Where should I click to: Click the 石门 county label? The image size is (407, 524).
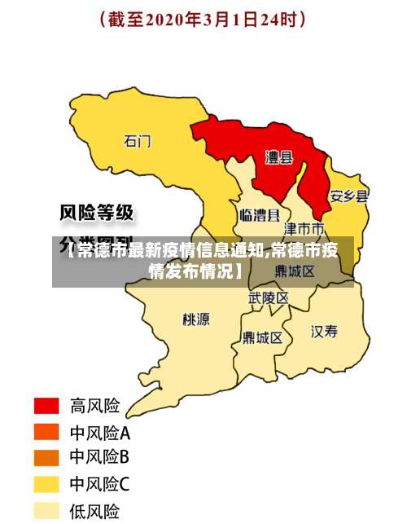tap(137, 141)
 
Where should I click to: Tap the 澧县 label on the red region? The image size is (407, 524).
tap(278, 157)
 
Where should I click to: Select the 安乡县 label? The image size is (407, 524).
tap(348, 196)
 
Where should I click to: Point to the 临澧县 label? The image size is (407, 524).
tap(260, 215)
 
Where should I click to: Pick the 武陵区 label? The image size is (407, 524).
tap(268, 298)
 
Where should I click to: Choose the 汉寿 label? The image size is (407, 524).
tap(324, 330)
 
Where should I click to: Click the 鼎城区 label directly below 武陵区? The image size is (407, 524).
tap(262, 337)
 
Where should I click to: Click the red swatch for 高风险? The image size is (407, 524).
tap(46, 405)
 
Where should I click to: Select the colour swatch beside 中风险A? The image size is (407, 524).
tap(46, 431)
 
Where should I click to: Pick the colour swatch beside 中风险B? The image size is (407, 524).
tap(46, 458)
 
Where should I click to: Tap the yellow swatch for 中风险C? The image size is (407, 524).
tap(46, 485)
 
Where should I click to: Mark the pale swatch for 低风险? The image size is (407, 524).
tap(46, 511)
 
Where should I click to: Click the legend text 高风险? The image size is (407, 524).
tap(94, 405)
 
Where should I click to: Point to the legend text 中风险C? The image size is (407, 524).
tap(99, 485)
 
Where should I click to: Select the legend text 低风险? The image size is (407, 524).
tap(94, 511)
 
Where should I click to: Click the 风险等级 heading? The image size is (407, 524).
tap(97, 214)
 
